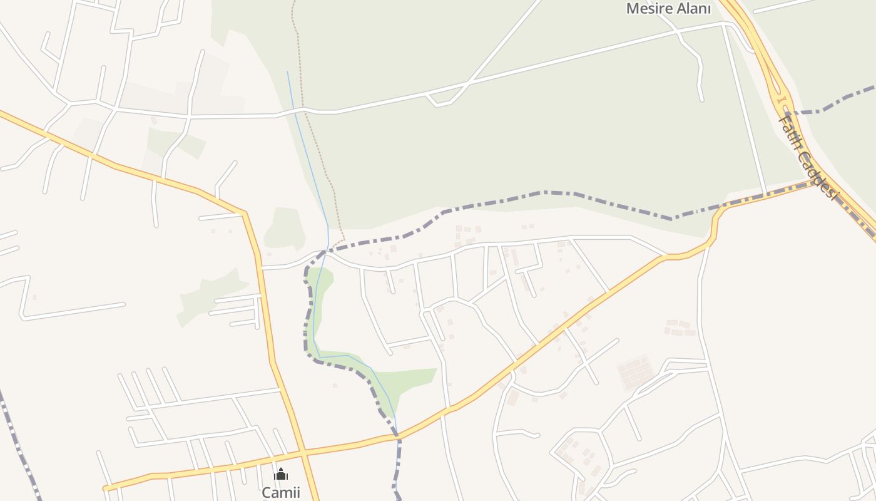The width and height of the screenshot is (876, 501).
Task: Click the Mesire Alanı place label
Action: pyautogui.click(x=668, y=9)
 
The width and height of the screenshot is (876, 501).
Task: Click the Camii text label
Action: pyautogui.click(x=281, y=492)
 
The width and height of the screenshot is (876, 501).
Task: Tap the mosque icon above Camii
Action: pyautogui.click(x=281, y=474)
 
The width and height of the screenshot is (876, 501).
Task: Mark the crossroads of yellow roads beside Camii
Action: pyautogui.click(x=303, y=452)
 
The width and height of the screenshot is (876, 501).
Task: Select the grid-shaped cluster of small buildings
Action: pyautogui.click(x=635, y=372)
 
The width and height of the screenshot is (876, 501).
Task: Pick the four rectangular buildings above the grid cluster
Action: pyautogui.click(x=680, y=328)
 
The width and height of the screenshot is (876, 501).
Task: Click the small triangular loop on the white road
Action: pyautogui.click(x=439, y=98)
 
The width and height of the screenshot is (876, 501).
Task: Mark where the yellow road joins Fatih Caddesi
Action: pyautogui.click(x=817, y=182)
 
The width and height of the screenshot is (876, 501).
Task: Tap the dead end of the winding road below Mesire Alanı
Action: pyautogui.click(x=701, y=99)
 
